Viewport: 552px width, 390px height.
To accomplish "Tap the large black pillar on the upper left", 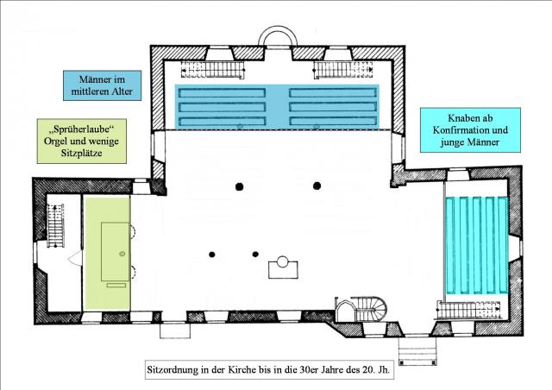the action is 240,186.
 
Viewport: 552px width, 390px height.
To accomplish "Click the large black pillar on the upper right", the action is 317,186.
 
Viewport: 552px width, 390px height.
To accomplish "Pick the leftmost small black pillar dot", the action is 212,255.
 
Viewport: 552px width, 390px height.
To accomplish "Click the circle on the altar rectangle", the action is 283,261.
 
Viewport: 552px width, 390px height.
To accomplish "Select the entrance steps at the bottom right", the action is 417,351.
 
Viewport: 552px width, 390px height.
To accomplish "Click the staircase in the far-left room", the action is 55,225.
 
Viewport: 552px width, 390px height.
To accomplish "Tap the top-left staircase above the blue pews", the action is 213,69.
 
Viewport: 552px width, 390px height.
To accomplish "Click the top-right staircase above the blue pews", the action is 343,70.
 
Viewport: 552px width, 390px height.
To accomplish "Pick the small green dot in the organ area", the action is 122,254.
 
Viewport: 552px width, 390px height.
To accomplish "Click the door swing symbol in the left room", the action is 75,258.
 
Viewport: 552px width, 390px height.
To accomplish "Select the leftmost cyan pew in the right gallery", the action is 450,245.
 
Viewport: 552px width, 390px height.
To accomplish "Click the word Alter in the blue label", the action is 122,91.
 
